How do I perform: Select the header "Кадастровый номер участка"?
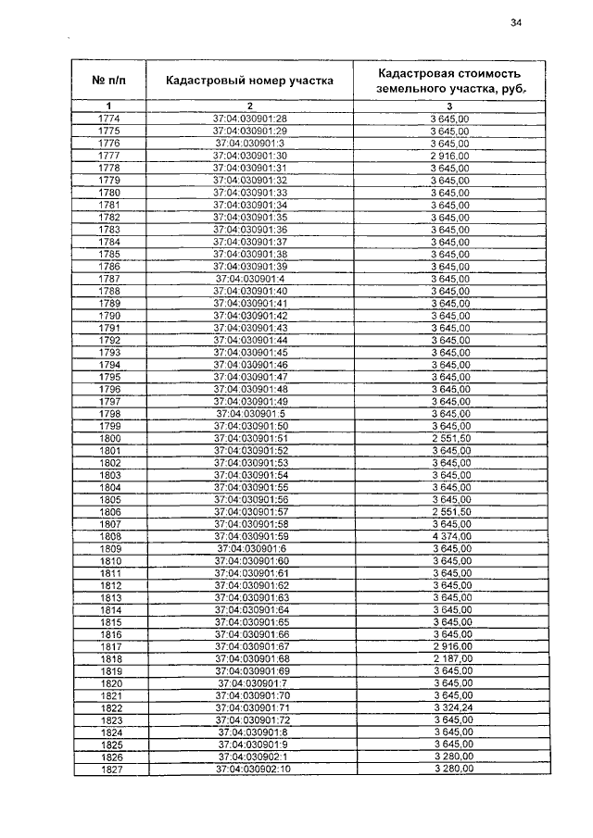point(249,81)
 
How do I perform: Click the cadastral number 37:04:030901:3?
point(249,144)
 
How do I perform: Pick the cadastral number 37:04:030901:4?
point(249,278)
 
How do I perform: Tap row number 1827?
point(111,769)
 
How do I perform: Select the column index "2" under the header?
point(249,106)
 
